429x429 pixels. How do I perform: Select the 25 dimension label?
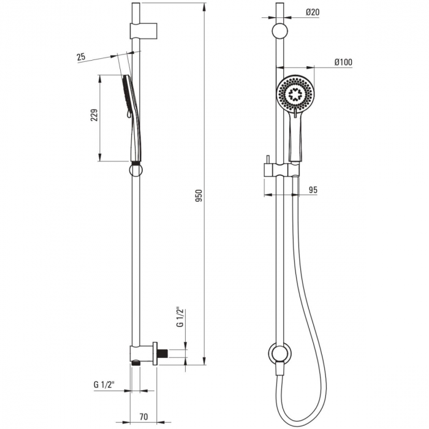[x=81, y=57]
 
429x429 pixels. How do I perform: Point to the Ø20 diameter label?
[x=312, y=12]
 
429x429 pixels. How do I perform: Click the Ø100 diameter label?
[x=343, y=62]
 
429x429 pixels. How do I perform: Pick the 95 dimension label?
[x=313, y=191]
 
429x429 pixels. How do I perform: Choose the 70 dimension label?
[x=143, y=417]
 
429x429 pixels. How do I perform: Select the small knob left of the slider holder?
[x=268, y=167]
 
